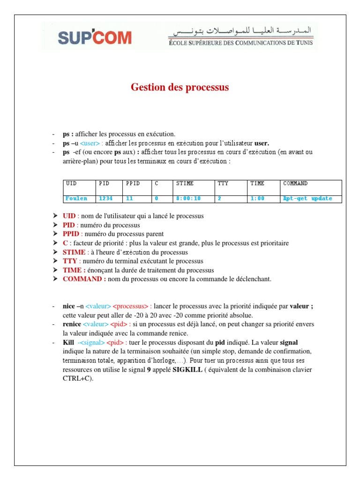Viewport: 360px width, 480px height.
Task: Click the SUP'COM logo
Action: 95,37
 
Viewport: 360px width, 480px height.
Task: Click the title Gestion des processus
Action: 180,87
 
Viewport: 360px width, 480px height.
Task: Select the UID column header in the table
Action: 71,184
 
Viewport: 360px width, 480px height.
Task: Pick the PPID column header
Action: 133,184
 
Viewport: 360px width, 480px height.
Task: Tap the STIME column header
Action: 185,184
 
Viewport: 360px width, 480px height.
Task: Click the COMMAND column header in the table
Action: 295,184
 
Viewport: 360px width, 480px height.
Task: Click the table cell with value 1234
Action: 106,199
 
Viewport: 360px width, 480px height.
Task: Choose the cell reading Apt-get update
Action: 307,199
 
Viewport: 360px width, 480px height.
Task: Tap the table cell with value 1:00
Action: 257,199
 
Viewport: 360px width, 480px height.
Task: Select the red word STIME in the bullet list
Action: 74,252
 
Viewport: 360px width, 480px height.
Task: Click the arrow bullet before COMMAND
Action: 55,279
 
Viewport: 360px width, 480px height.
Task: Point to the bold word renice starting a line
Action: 72,324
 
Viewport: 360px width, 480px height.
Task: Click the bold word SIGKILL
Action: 188,370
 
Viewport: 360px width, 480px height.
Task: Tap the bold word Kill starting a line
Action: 68,343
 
